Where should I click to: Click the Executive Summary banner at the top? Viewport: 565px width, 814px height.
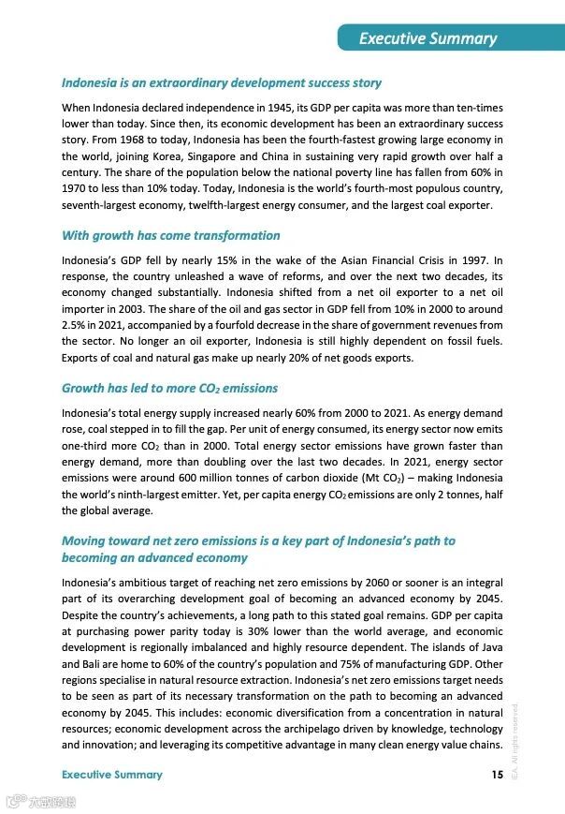(428, 38)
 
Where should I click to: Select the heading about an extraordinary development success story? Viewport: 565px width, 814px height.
(222, 83)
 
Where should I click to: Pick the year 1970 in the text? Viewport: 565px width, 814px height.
(76, 189)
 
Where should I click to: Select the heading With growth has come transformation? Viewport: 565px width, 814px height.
(170, 235)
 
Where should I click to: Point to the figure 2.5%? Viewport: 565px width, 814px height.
(76, 325)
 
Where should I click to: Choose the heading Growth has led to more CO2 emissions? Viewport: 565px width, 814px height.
(169, 388)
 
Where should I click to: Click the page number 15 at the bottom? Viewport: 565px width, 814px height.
(497, 774)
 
